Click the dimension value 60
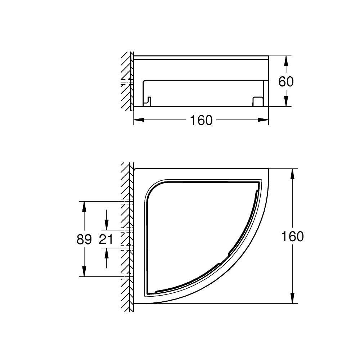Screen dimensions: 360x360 (x=286, y=82)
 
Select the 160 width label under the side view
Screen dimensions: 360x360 (x=201, y=120)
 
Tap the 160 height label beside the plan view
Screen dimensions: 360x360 (x=292, y=237)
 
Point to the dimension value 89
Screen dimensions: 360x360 (x=84, y=239)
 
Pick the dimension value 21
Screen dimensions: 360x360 (x=106, y=239)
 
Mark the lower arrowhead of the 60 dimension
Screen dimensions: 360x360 (x=286, y=102)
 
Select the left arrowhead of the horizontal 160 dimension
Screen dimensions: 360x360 (x=138, y=120)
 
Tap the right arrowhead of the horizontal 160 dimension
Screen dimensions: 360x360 (x=264, y=120)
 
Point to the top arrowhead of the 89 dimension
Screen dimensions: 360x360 (x=84, y=206)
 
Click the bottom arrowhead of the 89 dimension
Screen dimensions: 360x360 (x=84, y=272)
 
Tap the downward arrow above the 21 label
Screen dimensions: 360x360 (x=107, y=225)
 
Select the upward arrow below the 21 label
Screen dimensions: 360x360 (x=107, y=253)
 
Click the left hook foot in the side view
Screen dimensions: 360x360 (x=148, y=101)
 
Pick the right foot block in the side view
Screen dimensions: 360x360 (x=257, y=102)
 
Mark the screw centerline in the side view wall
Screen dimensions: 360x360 (x=127, y=82)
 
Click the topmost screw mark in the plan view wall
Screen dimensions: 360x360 (x=127, y=201)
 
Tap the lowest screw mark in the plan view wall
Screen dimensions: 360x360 (x=127, y=276)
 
